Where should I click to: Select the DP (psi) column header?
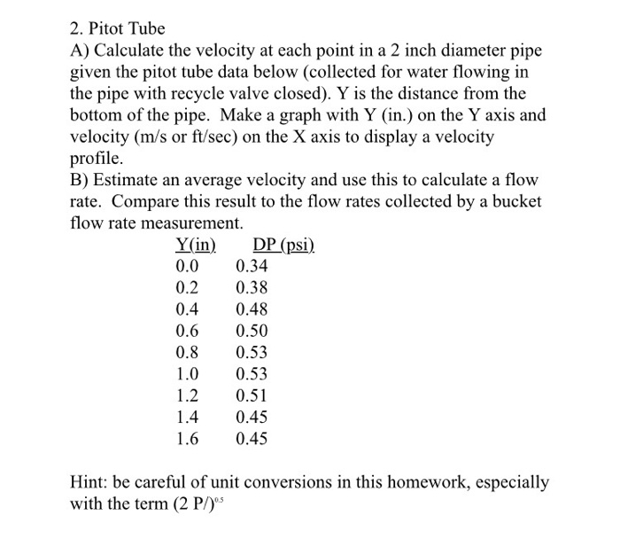tap(283, 245)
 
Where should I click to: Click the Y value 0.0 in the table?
tap(188, 266)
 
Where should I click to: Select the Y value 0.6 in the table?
tap(188, 331)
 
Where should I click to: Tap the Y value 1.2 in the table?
tap(188, 395)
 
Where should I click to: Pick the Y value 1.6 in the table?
tap(188, 438)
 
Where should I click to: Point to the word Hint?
tap(89, 483)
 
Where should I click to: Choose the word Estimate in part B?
tap(124, 181)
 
